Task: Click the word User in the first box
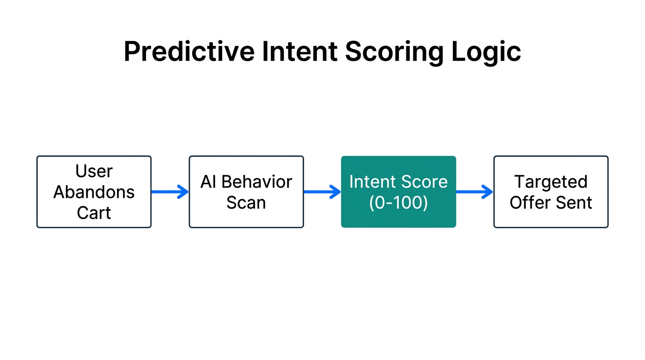click(94, 172)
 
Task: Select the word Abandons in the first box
click(94, 192)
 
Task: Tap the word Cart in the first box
click(94, 213)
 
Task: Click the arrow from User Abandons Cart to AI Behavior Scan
click(170, 192)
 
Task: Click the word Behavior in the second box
click(256, 182)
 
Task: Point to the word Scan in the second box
click(246, 202)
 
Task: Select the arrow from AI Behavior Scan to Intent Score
click(322, 192)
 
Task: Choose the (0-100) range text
click(398, 202)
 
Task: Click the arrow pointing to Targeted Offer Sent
click(474, 192)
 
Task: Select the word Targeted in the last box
click(551, 182)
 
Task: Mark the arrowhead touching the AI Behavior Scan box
click(183, 192)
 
